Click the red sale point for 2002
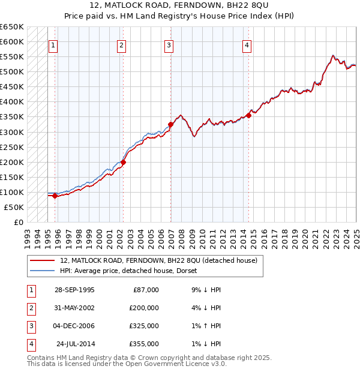[123, 162]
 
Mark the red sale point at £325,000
[170, 124]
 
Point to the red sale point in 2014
[248, 115]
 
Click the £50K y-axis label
[14, 207]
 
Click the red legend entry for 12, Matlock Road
[158, 260]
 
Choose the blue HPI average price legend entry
[133, 271]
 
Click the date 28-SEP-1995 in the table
[74, 290]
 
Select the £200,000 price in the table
[144, 307]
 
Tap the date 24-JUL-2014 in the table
[76, 344]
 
